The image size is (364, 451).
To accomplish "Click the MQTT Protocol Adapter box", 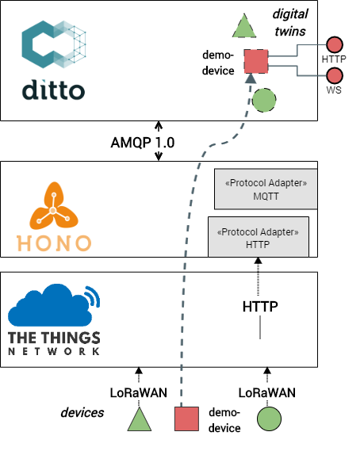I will pos(266,189).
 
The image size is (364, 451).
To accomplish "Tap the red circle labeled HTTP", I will pos(334,44).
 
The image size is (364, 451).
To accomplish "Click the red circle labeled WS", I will pos(334,76).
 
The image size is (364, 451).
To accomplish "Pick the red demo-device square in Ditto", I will pos(256,60).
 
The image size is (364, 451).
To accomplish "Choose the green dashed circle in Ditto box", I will pos(264,100).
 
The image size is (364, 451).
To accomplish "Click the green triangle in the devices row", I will pos(140,419).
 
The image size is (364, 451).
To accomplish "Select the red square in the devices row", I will pos(186,419).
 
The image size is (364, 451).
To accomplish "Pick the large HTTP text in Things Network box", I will pos(260,306).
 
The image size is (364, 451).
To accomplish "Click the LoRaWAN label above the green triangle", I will pos(136,392).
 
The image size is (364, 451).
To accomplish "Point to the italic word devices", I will pos(83,414).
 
